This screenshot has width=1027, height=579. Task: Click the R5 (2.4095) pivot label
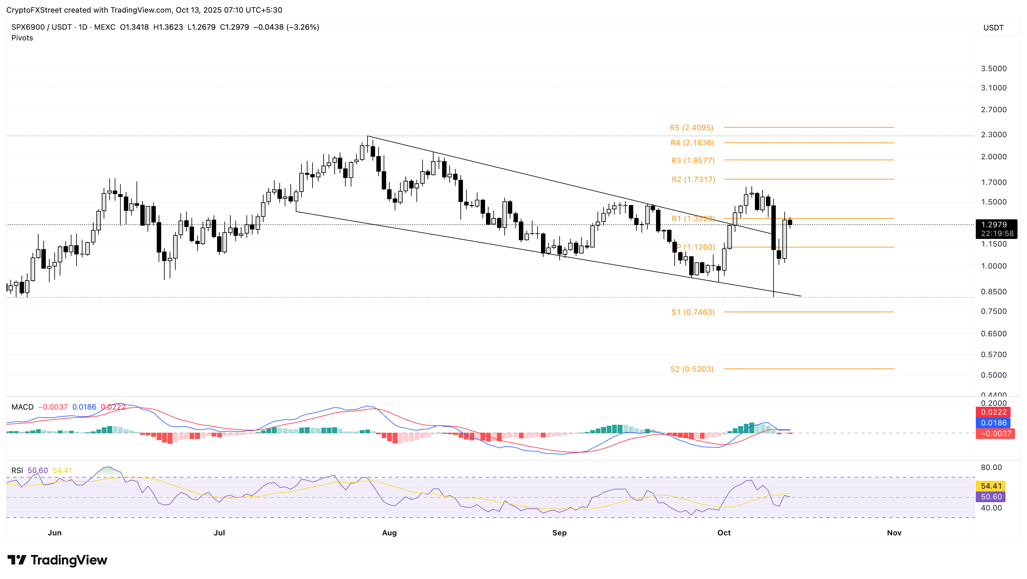[x=691, y=128]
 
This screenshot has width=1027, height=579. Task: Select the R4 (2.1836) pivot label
[x=692, y=143]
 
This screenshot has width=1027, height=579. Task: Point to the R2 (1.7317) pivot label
[x=693, y=180]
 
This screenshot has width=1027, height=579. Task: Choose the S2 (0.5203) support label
[x=692, y=369]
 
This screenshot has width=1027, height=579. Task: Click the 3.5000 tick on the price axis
[x=994, y=69]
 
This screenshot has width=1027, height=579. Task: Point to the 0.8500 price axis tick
[x=994, y=291]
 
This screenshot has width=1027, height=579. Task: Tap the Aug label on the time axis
[x=389, y=533]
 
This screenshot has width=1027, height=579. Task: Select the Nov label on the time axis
[x=894, y=533]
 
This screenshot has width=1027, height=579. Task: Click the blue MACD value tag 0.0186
[x=994, y=423]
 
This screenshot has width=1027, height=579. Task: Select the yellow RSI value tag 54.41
[x=991, y=486]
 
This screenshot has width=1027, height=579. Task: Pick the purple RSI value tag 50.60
[x=991, y=497]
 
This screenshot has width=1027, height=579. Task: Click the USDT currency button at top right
[x=993, y=27]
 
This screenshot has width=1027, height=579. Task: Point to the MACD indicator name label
[x=22, y=407]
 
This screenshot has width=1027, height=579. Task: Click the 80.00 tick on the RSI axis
[x=991, y=467]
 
